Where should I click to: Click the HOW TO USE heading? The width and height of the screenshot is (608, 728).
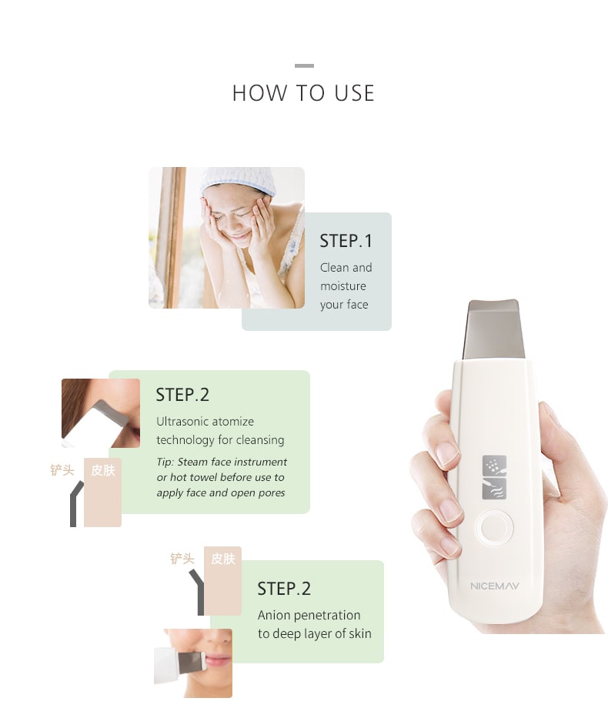(303, 93)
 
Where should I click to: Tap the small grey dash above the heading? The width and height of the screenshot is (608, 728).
(304, 65)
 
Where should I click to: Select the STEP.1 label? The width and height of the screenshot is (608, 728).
(346, 241)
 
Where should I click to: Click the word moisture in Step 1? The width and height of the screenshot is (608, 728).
(342, 286)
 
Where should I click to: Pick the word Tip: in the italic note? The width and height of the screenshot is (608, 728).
(165, 462)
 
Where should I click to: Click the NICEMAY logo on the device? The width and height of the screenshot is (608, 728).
(495, 586)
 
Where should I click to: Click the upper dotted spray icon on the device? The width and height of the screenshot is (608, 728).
(494, 466)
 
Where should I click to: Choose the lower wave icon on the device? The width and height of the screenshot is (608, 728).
(494, 489)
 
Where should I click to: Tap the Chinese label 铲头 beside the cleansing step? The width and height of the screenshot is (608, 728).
(62, 470)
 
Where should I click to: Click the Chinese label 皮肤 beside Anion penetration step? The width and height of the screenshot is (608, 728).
(223, 559)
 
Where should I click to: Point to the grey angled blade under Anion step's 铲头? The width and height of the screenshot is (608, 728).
(199, 592)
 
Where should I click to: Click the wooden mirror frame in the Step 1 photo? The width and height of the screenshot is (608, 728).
(171, 237)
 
